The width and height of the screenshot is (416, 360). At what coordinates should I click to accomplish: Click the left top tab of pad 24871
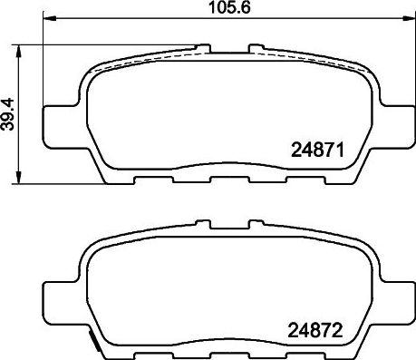(205, 44)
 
